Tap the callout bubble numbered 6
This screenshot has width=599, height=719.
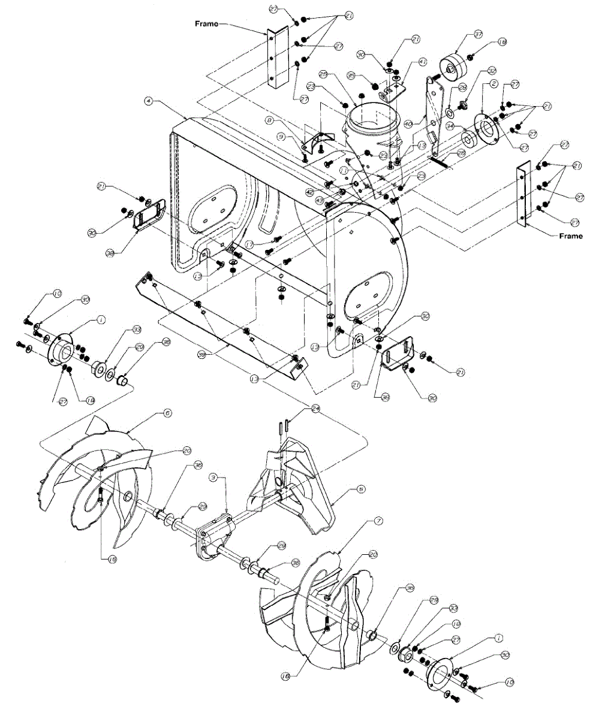click(167, 413)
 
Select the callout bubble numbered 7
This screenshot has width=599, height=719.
click(378, 521)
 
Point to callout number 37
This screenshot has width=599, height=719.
click(461, 34)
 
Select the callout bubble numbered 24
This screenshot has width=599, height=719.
click(315, 408)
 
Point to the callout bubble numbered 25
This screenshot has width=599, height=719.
click(323, 75)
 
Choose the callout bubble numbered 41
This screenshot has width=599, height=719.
click(422, 62)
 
